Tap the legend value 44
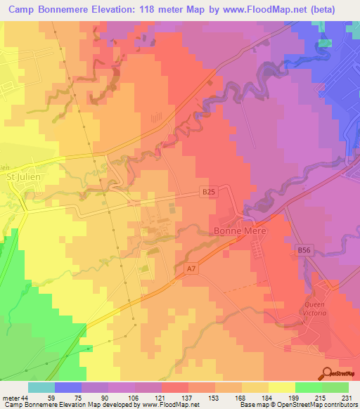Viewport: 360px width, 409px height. tap(25, 398)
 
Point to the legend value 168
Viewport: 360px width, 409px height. tap(240, 398)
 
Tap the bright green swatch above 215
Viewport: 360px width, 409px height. tap(309, 387)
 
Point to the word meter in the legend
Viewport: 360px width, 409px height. tap(10, 398)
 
